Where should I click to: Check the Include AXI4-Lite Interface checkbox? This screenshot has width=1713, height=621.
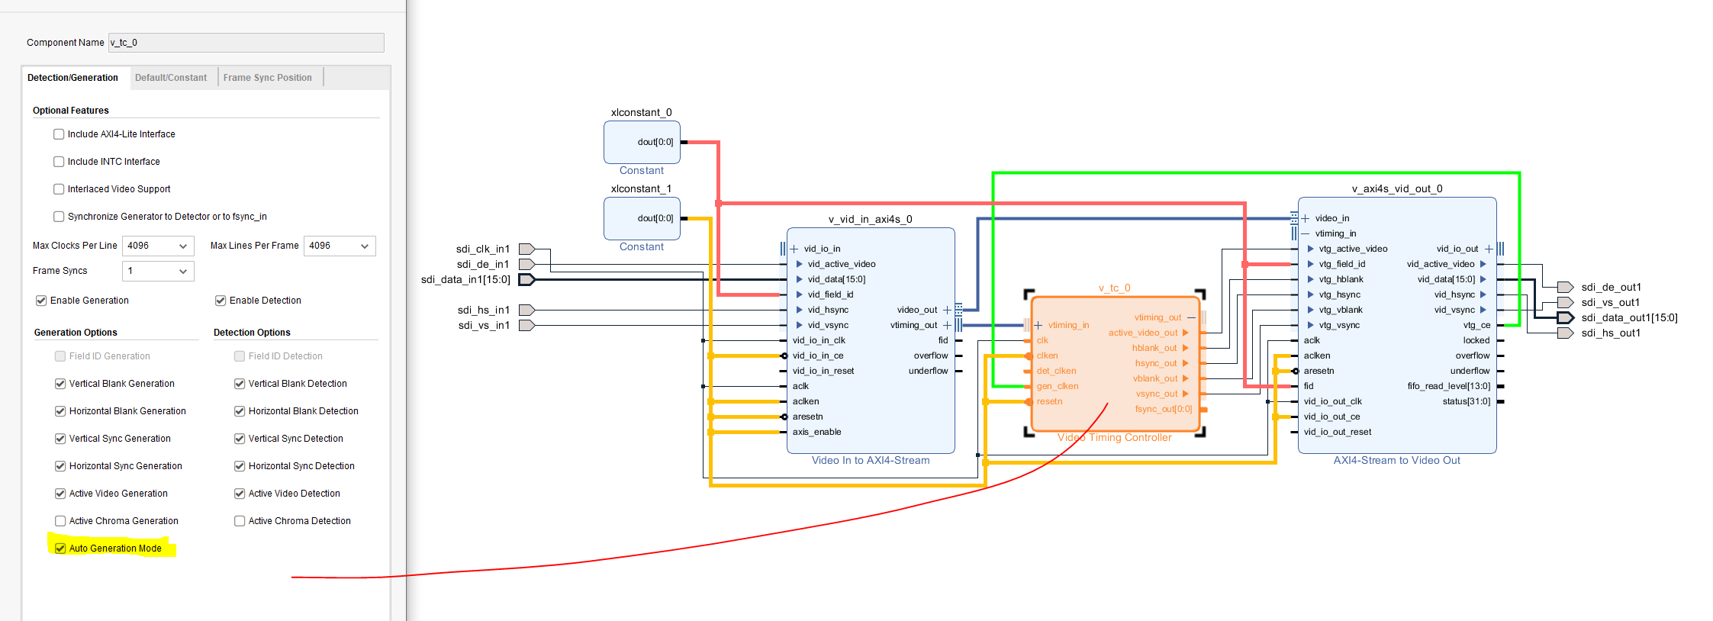coord(59,134)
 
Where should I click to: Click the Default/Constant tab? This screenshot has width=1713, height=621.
coord(171,78)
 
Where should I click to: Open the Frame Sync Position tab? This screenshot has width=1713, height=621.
coord(267,78)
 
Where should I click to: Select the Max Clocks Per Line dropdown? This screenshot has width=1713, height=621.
coord(158,246)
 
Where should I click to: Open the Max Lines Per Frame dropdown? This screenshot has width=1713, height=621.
coord(340,246)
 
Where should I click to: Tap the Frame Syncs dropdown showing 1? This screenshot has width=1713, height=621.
coord(158,271)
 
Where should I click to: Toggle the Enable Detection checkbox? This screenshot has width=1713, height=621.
coord(221,301)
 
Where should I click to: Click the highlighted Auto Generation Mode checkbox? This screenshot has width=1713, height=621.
coord(60,549)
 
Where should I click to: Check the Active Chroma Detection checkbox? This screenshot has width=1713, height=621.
coord(240,521)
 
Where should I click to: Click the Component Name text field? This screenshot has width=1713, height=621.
coord(246,43)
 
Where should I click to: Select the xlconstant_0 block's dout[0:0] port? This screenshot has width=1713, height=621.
coord(655,142)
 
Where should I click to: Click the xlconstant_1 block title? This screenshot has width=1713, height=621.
coord(641,188)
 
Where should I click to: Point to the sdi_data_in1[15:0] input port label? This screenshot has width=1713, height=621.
coord(465,279)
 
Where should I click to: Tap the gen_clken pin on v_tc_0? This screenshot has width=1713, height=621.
coord(1057,386)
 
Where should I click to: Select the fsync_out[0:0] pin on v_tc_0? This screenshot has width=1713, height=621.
coord(1163,409)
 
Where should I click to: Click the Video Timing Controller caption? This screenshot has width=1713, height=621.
coord(1114,437)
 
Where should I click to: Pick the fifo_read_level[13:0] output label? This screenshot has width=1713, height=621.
coord(1448,386)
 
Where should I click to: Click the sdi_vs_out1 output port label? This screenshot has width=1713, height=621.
coord(1610,302)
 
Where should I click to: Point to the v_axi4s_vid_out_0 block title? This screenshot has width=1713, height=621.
coord(1396,188)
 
